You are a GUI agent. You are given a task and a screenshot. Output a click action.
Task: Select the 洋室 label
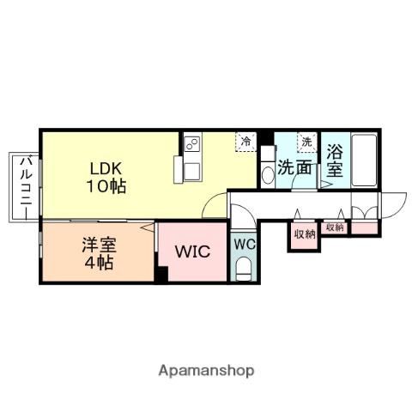(98, 244)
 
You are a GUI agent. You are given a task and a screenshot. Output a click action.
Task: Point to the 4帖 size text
(98, 262)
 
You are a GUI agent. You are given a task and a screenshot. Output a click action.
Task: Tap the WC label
(245, 244)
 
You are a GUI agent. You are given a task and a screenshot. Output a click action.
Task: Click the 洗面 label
(294, 167)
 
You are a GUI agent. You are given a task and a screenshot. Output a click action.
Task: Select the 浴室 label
(335, 161)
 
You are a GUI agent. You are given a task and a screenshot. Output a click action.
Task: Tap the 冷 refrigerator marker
(246, 140)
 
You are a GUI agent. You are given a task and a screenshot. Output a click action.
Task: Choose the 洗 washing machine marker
(306, 140)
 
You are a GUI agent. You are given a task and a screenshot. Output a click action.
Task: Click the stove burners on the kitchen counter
(191, 142)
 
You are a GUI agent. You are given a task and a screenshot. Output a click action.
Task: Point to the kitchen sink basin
(188, 167)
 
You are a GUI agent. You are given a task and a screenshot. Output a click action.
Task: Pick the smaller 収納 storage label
(335, 227)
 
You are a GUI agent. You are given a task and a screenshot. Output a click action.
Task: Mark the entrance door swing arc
(391, 204)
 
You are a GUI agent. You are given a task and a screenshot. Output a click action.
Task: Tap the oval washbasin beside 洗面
(266, 172)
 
